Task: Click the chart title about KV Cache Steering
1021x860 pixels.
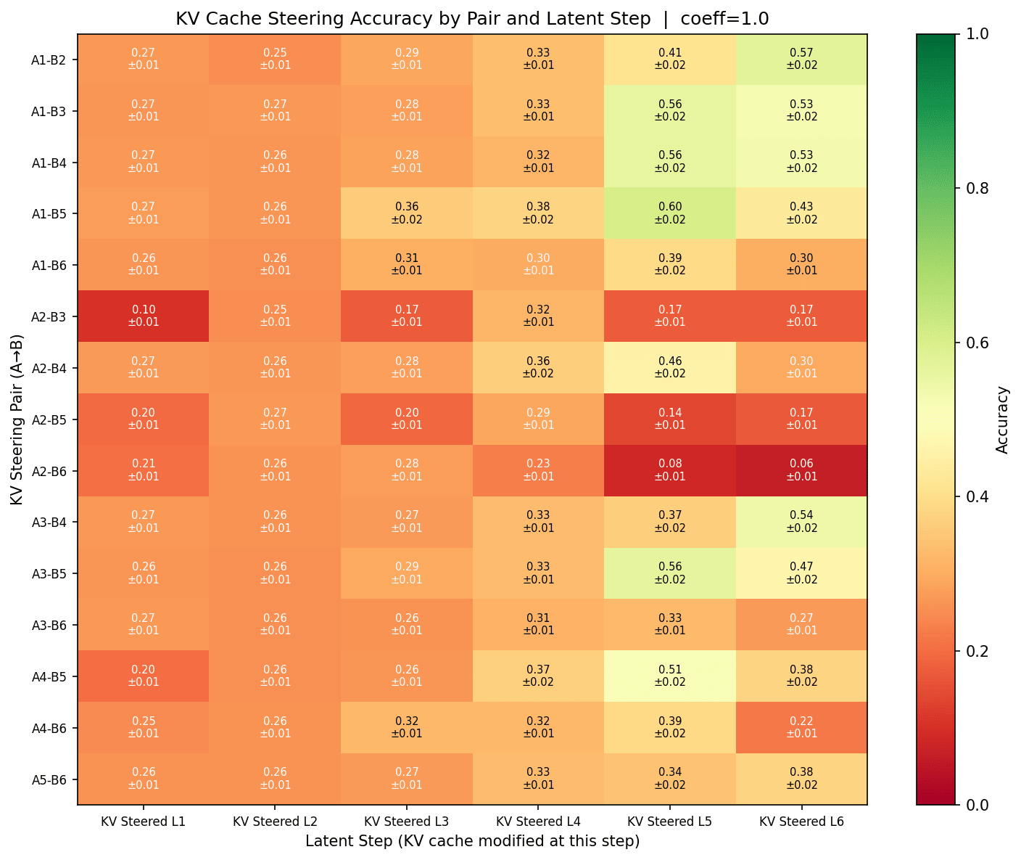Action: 472,19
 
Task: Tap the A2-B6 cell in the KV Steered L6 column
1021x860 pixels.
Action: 801,470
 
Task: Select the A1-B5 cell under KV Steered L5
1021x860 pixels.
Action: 669,213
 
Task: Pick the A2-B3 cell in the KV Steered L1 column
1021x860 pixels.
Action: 144,316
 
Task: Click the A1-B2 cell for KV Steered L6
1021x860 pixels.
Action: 801,59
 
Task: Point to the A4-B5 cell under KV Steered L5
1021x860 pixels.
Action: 669,676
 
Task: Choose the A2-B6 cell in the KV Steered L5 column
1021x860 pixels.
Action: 669,470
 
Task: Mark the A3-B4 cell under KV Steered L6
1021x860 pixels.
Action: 801,522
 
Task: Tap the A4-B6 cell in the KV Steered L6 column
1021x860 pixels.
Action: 801,727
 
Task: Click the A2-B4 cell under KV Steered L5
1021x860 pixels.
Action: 669,367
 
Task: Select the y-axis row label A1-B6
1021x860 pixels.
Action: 49,265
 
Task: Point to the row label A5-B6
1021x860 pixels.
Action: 49,779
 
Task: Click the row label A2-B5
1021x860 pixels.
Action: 49,419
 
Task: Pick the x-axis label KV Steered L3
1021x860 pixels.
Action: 406,822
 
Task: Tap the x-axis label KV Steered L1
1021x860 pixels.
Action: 144,822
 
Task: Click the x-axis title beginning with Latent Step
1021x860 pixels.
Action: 472,842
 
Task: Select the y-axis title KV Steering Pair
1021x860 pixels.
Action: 17,419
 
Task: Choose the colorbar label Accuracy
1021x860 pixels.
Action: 1002,419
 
